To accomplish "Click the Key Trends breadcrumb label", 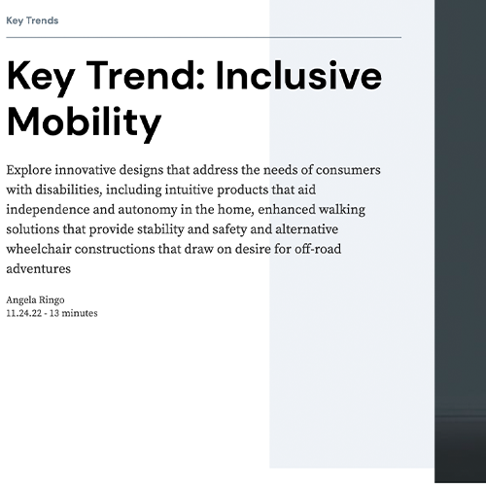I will point(32,20).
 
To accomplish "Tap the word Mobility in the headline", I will point(84,122).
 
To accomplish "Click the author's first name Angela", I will point(22,300).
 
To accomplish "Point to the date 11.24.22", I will point(23,313).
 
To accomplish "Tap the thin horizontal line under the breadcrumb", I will point(203,37).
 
